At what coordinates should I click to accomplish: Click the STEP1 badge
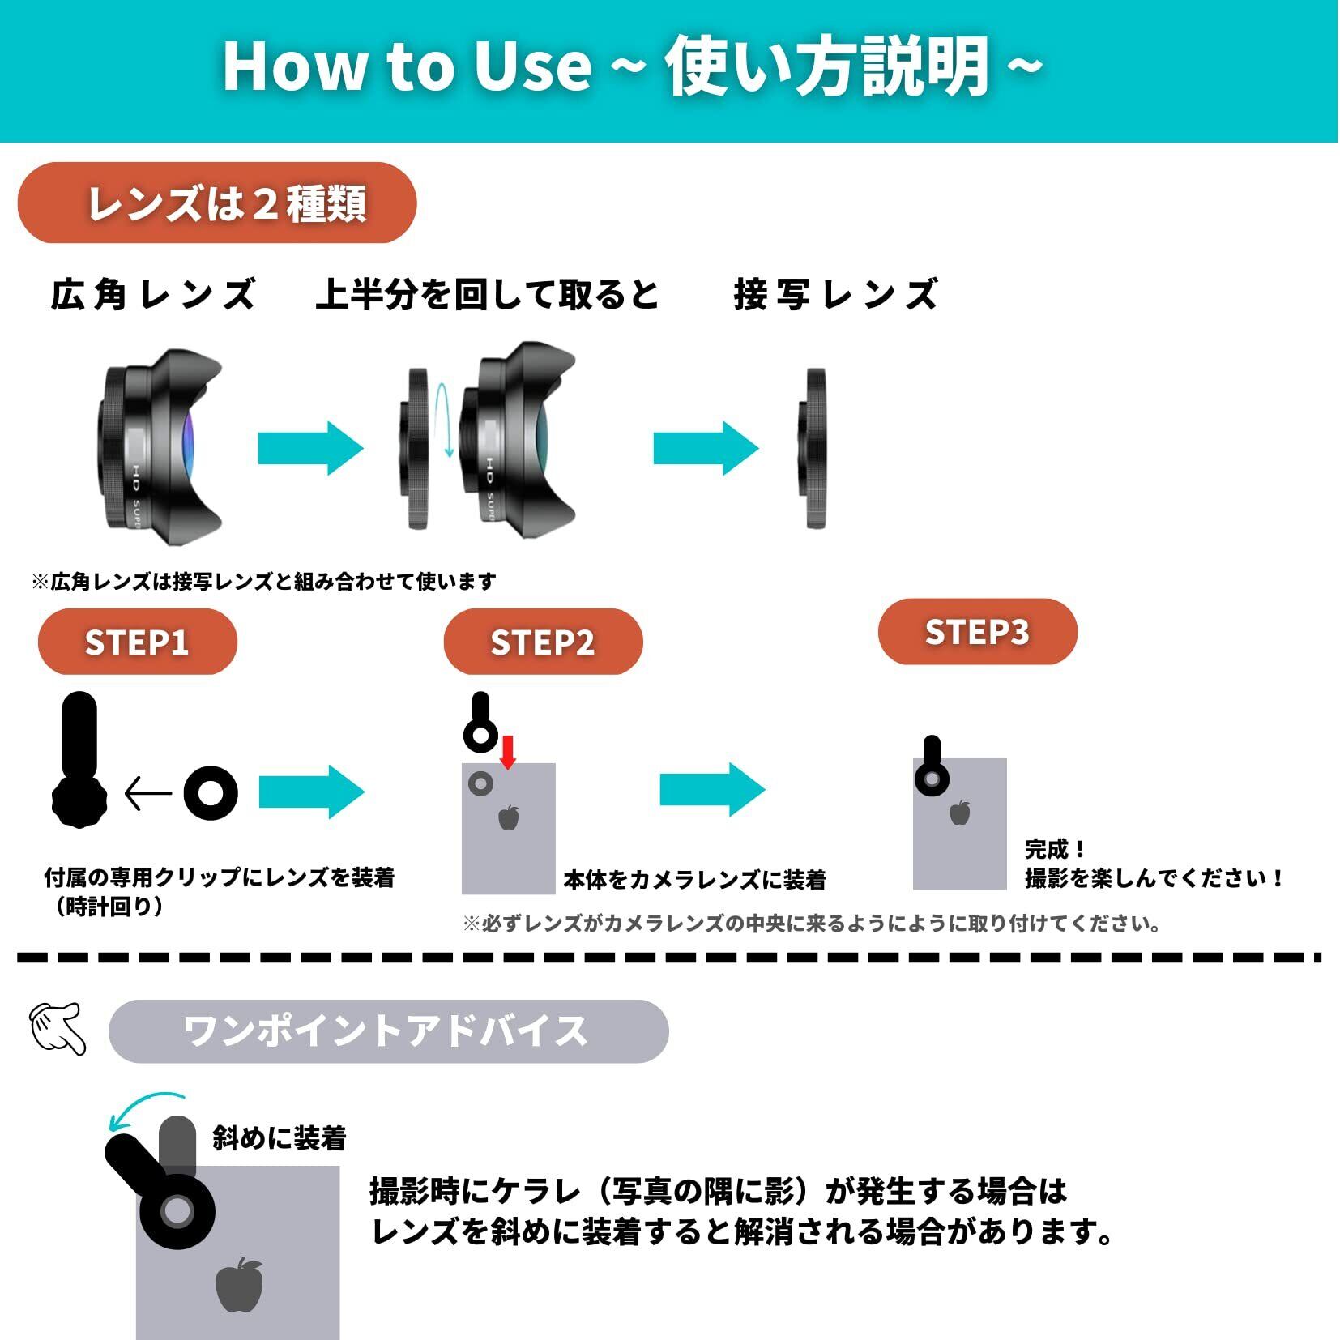137,642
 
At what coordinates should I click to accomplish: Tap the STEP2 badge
543,642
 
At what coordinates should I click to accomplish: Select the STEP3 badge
977,632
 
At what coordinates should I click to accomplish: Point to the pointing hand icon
58,1028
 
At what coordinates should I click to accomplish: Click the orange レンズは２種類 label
217,203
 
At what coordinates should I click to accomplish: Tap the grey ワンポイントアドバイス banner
388,1031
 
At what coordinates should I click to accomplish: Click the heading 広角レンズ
154,294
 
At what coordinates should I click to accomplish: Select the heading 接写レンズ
835,294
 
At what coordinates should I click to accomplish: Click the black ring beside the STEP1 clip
211,792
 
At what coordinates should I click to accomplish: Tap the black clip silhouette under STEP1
79,762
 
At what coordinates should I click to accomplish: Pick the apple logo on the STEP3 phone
960,812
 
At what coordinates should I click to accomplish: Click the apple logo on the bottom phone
240,1285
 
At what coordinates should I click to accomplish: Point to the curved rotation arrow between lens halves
443,420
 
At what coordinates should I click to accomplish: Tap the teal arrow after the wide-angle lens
310,448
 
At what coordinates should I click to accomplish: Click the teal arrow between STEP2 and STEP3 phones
712,789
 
